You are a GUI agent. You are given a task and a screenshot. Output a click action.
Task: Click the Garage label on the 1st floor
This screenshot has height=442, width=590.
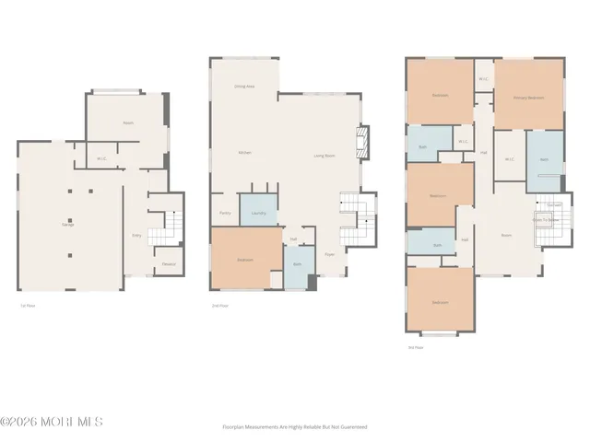point(67,225)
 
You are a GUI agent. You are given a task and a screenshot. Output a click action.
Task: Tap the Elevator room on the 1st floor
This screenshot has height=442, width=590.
point(168,264)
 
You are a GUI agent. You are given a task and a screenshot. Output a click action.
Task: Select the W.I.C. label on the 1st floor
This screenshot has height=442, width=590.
point(101,158)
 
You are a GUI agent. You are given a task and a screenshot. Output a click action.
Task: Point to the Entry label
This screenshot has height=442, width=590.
point(136,236)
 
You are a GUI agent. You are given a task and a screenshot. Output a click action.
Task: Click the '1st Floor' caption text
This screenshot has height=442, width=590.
point(28,305)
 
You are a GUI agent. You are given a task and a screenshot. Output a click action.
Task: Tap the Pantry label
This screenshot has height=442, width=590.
point(225,213)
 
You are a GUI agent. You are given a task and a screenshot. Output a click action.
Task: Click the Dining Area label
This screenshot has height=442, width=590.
point(243,86)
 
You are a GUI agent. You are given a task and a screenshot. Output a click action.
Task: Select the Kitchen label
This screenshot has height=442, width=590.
point(244,152)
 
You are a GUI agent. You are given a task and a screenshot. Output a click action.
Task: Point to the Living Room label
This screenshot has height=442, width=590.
point(324,156)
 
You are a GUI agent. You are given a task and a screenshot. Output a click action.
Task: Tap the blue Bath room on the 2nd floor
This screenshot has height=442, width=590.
point(298,264)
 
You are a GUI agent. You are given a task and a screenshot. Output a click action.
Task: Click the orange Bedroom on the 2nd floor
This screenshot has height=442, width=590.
point(245,260)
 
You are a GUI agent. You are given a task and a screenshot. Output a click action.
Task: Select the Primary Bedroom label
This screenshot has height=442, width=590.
point(528,97)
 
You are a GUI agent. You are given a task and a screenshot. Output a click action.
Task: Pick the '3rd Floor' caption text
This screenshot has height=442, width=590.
point(416,347)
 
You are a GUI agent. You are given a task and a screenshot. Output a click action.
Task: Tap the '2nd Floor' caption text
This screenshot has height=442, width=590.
point(220,305)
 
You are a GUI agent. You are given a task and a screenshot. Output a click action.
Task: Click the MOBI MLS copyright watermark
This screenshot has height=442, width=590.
point(52,422)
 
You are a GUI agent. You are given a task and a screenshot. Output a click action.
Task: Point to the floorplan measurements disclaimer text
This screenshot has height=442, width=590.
point(295,426)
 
